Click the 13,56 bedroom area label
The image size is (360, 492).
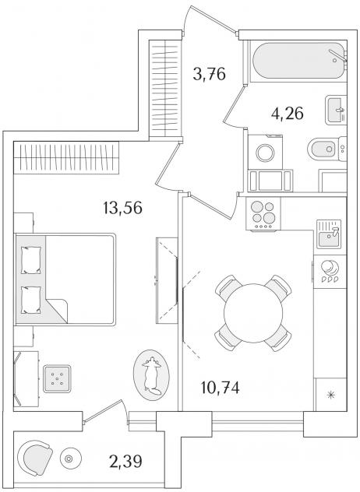coord(122,208)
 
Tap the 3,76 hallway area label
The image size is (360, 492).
coord(209,75)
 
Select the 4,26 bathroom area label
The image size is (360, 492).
coord(288,114)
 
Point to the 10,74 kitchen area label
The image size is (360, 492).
coord(221,388)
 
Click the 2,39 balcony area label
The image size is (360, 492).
coord(125,461)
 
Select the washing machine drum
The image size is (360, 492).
coord(265,153)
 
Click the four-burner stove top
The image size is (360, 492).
coord(263,214)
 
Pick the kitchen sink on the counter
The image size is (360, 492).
coord(329,234)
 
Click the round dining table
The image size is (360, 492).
coord(253,313)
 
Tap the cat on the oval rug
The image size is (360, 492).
coord(152,374)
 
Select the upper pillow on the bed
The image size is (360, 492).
coord(31,260)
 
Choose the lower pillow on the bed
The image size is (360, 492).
coord(31,300)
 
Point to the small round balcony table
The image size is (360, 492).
coord(70,459)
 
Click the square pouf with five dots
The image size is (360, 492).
coord(57,378)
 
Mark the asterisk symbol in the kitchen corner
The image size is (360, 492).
coord(330,395)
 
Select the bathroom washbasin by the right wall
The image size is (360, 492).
coord(336,110)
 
